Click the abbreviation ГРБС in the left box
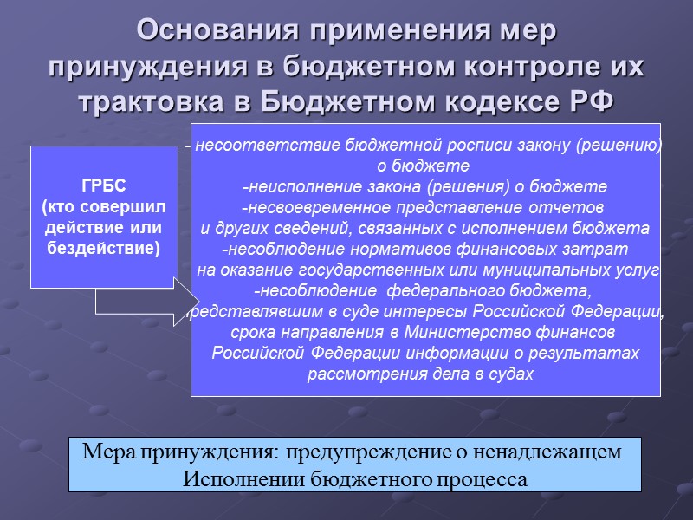104,186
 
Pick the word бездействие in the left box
104,248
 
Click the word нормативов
392,249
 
